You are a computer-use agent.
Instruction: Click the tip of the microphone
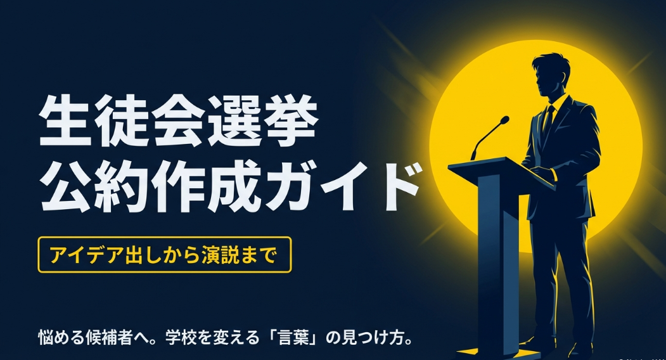click(x=505, y=119)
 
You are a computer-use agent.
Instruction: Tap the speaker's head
click(x=549, y=73)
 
